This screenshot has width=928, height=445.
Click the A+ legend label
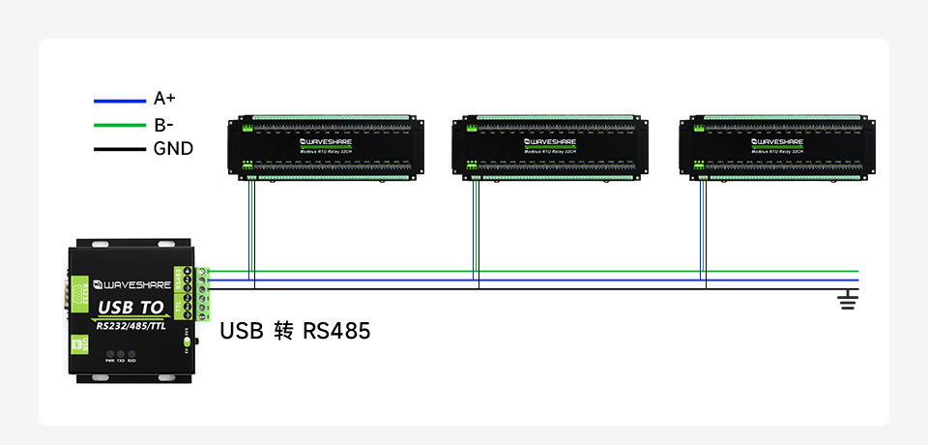[x=164, y=99]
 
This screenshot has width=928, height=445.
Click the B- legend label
[x=163, y=124]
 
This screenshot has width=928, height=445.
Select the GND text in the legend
[x=173, y=149]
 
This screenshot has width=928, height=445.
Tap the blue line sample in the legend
[x=119, y=100]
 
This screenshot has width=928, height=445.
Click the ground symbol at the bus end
[x=848, y=301]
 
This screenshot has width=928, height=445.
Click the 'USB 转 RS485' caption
[x=295, y=331]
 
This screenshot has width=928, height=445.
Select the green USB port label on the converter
[x=78, y=345]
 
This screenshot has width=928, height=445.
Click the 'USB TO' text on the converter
[x=131, y=308]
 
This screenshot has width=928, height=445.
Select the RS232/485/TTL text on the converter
[x=132, y=325]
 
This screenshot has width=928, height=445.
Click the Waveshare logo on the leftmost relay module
[x=326, y=141]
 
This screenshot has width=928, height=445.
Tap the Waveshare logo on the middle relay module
[x=550, y=141]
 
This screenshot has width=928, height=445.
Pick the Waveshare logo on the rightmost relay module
[x=775, y=141]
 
